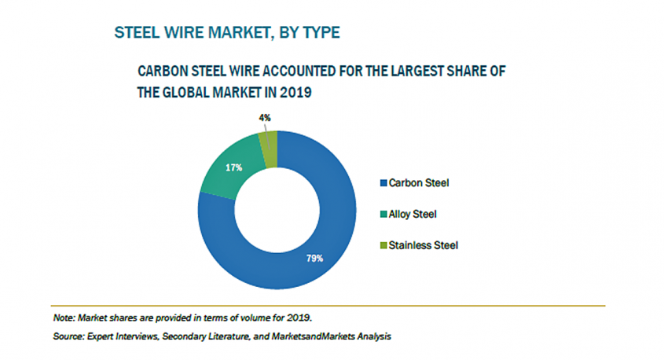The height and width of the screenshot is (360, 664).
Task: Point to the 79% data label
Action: point(313,257)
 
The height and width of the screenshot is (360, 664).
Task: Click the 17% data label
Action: point(235,167)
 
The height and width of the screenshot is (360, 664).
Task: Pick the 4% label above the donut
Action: point(265,118)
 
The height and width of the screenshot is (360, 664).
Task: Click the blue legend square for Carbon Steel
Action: point(383,183)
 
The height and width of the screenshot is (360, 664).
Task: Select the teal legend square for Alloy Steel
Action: point(383,214)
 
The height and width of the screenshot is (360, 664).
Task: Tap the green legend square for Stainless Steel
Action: point(383,245)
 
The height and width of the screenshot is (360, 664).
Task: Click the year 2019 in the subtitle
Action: point(296,92)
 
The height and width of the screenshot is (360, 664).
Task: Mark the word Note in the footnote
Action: point(62,318)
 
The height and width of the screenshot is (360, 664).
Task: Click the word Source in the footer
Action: point(67,336)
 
